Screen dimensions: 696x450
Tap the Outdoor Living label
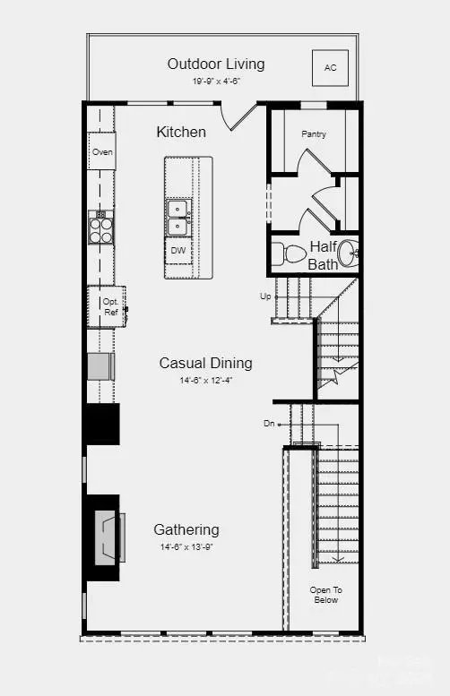[x=216, y=64]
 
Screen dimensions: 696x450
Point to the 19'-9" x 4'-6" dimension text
[x=216, y=81]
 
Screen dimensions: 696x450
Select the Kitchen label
[x=181, y=132]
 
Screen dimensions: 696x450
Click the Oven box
[x=101, y=152]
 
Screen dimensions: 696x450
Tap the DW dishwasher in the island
[x=179, y=250]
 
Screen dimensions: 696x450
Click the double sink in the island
[x=179, y=218]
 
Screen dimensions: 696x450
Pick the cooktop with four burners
[x=100, y=228]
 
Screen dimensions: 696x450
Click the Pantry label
[x=314, y=134]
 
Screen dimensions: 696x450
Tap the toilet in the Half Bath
[x=289, y=253]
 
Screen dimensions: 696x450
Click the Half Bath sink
[x=351, y=255]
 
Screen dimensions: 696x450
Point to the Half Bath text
[x=323, y=255]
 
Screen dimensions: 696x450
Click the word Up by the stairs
[x=264, y=296]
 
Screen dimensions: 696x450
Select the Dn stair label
[x=269, y=423]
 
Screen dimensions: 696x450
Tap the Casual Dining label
[x=205, y=363]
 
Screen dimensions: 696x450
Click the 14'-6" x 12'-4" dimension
[x=205, y=380]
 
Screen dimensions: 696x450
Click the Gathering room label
[x=186, y=529]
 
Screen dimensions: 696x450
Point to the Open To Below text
[x=325, y=595]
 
